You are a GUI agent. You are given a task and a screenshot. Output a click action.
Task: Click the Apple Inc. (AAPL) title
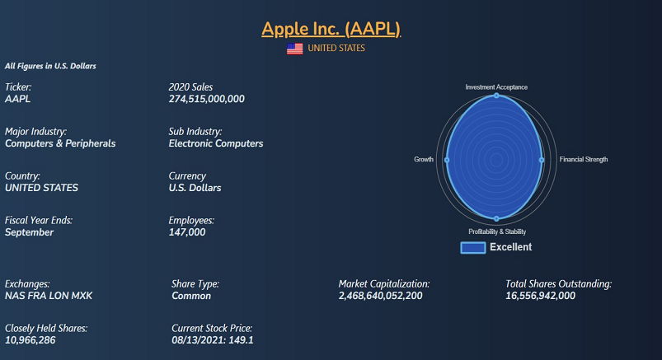tap(331, 29)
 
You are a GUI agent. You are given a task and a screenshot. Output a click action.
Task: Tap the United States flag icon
tap(294, 49)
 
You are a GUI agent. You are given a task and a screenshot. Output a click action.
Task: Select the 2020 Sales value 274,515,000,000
tap(206, 99)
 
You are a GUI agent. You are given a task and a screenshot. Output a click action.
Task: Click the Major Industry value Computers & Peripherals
tap(60, 143)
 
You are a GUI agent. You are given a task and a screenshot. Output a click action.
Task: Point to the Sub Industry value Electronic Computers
tap(216, 143)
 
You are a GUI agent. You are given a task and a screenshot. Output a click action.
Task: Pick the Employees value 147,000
tap(187, 232)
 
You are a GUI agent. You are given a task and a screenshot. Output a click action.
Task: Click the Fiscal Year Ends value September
tap(30, 232)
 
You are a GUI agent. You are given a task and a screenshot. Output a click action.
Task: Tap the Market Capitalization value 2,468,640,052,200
tap(380, 296)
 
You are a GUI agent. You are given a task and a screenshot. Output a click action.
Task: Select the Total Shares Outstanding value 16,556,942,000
tap(540, 296)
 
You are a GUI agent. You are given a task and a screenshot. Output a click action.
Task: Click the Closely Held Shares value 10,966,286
tap(31, 339)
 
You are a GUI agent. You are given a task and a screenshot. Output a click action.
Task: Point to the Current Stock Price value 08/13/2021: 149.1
tap(213, 339)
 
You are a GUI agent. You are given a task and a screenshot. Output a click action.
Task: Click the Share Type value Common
tap(191, 296)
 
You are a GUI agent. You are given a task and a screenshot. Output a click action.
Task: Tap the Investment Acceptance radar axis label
tap(496, 86)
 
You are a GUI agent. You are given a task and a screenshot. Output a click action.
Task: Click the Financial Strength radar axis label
tap(584, 159)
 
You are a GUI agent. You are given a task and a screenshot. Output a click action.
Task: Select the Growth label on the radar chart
tap(424, 159)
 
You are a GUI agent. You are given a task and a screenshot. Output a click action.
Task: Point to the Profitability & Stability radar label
tap(497, 231)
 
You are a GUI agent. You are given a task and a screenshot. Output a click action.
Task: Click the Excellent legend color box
tap(472, 247)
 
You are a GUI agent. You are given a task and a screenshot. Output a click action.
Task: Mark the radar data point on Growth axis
tap(447, 159)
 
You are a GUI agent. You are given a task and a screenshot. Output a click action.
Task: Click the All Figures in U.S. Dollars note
tap(51, 65)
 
